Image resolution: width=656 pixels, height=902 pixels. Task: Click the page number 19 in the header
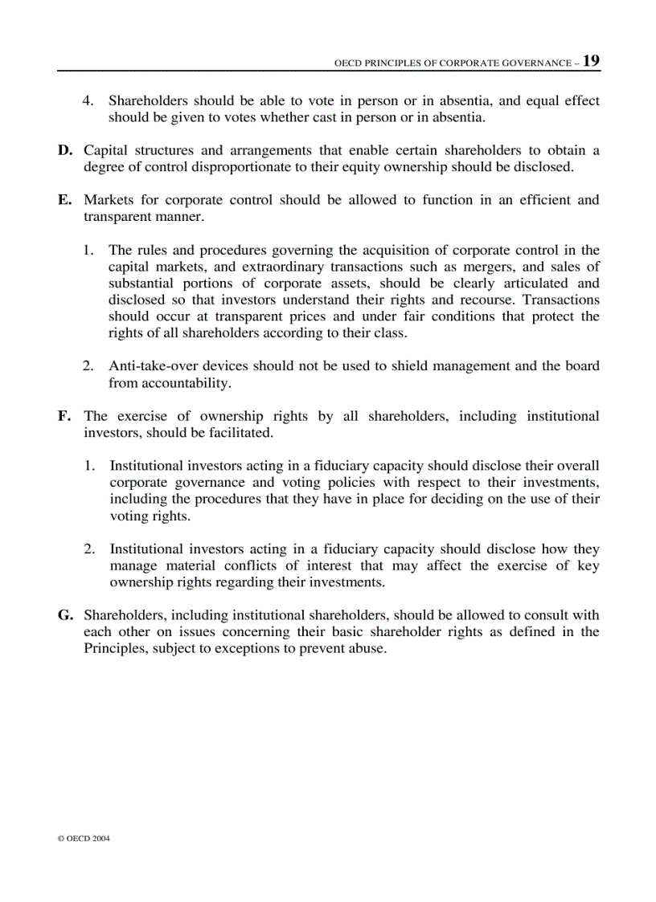tap(591, 61)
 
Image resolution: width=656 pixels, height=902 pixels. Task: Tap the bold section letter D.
tap(64, 151)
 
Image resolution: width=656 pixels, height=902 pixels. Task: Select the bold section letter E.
tap(64, 200)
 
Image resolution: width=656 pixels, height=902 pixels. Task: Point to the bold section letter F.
tap(64, 416)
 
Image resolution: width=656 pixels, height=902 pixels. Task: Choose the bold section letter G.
tap(65, 615)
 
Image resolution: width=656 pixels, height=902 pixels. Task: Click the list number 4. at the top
tap(90, 101)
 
